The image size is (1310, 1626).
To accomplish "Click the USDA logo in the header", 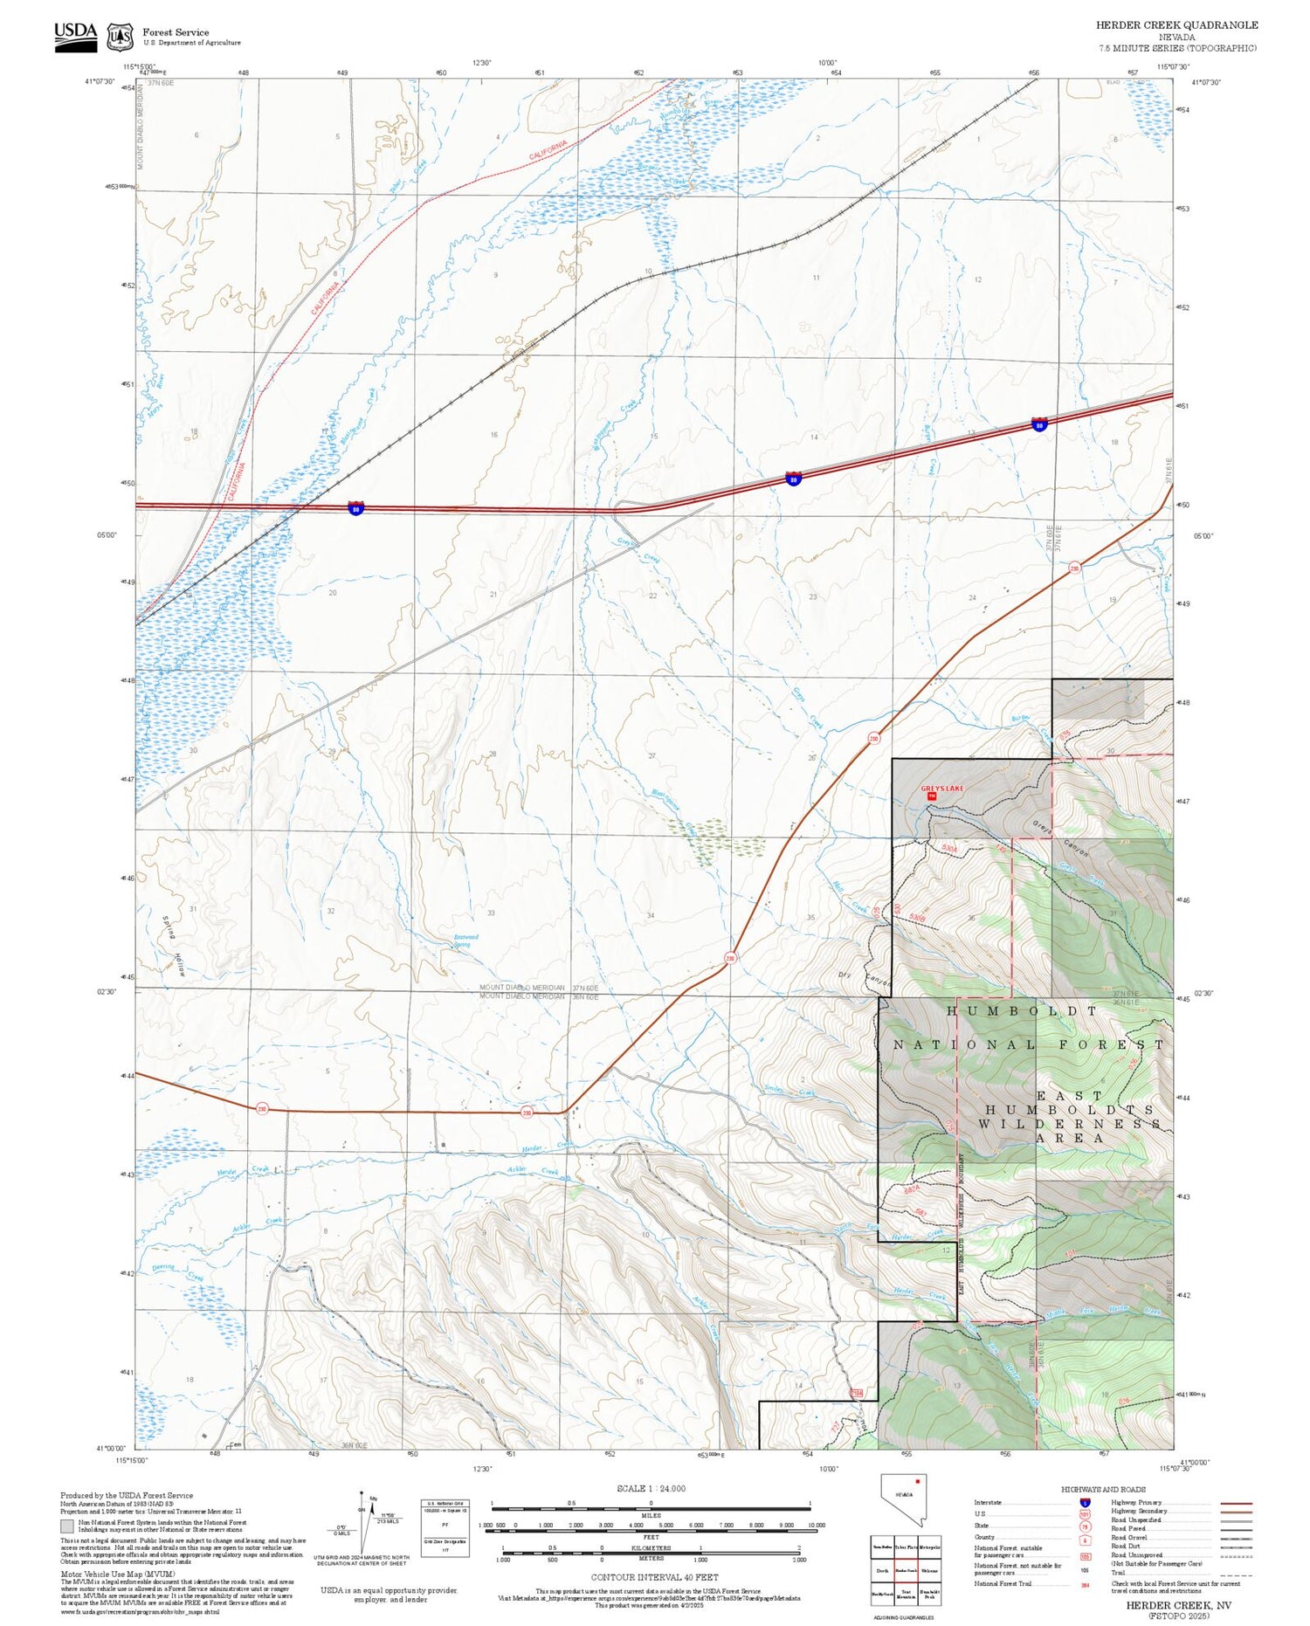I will coord(75,37).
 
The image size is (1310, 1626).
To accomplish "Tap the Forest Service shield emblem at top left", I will coord(120,38).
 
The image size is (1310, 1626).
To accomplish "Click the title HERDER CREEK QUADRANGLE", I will coord(1176,25).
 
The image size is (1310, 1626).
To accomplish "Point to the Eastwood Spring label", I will coord(465,940).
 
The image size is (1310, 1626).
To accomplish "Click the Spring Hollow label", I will coord(174,945).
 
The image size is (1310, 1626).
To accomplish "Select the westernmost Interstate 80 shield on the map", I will coord(355,507).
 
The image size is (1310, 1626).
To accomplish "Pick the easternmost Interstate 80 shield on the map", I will coord(1039,424).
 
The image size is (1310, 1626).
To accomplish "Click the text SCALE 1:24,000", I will coord(651,1488).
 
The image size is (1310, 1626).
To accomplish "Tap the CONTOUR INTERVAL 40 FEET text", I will coord(654,1577).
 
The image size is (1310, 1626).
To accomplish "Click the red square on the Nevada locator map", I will coord(918,1481).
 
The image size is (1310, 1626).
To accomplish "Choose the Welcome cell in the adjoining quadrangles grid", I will coord(929,1570).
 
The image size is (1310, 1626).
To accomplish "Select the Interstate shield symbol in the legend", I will coord(1085,1502).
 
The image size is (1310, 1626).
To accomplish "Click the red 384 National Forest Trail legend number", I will coord(1085,1585).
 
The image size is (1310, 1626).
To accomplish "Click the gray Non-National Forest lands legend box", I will coord(67,1526).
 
